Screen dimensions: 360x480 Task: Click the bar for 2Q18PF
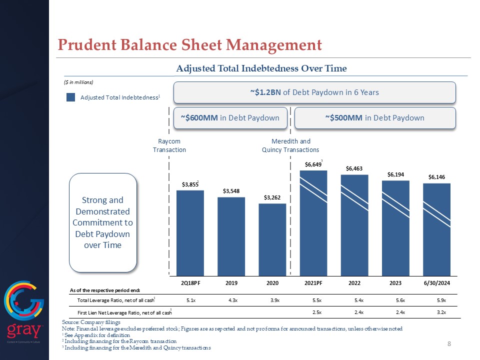pos(190,232)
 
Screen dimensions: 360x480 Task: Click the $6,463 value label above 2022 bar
pos(354,168)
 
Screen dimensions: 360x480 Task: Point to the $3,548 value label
pos(231,191)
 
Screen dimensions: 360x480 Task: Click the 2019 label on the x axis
pos(231,283)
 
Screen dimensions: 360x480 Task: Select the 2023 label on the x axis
pos(395,283)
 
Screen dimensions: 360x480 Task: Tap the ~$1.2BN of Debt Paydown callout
pos(314,92)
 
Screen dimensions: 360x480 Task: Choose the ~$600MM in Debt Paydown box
pos(230,117)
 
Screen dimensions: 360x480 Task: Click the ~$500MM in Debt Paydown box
pos(375,117)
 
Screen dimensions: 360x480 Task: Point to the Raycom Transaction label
pos(169,145)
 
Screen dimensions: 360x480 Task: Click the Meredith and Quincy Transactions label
pos(290,145)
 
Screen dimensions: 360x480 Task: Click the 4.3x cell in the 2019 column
pos(231,300)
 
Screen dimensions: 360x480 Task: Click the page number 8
pos(449,343)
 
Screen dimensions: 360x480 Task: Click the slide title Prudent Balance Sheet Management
pos(189,45)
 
